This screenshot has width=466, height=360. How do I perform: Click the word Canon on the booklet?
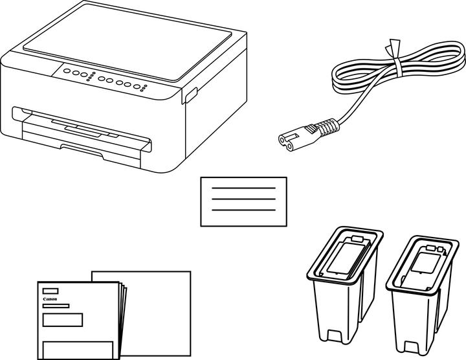point(50,300)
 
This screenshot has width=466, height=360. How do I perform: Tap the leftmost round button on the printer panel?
point(68,72)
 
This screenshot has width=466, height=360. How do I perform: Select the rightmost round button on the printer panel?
point(137,86)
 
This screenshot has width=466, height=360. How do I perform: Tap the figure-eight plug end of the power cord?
point(287,137)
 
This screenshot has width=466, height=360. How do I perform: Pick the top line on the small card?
point(243,188)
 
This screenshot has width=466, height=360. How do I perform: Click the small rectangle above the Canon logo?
point(50,291)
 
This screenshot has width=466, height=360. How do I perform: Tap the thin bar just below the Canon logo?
point(56,306)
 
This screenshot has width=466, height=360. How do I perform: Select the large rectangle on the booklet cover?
point(63,319)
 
